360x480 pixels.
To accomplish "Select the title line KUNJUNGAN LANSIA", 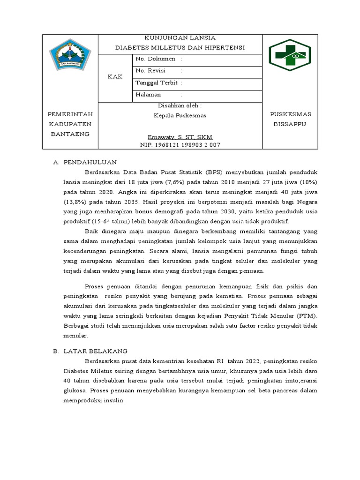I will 180,38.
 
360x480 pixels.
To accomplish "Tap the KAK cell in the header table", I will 115,77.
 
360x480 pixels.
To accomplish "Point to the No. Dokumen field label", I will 155,59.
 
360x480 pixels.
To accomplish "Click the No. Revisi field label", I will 152,71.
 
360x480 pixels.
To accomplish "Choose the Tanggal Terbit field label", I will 157,83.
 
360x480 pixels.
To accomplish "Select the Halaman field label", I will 148,95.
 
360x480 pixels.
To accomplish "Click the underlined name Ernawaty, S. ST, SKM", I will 180,137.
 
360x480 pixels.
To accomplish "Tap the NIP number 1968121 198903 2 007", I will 180,145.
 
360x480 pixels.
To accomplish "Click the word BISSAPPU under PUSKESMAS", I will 289,125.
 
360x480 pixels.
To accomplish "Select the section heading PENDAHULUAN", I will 90,162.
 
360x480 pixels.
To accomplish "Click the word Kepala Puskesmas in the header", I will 180,115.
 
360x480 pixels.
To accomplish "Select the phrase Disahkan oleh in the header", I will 180,106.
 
